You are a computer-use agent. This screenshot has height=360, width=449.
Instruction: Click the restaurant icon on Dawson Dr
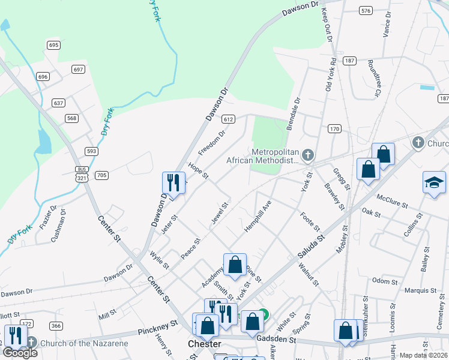(173, 182)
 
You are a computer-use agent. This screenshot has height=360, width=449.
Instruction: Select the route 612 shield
(228, 119)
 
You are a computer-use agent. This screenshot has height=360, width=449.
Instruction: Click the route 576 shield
(365, 11)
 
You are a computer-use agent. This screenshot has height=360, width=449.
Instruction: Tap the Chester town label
(204, 344)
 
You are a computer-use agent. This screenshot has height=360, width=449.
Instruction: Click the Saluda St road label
(311, 247)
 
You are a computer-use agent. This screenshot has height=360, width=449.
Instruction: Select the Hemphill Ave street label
(258, 217)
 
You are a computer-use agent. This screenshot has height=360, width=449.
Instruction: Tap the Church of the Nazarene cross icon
(31, 343)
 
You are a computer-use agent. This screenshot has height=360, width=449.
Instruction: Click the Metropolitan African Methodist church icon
(307, 156)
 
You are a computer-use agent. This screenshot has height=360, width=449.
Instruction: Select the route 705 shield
(101, 175)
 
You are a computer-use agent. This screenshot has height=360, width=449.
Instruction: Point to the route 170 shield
(334, 129)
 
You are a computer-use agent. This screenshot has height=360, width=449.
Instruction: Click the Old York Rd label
(330, 74)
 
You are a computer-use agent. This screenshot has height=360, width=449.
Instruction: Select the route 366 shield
(56, 326)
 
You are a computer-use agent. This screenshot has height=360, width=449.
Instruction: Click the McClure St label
(392, 200)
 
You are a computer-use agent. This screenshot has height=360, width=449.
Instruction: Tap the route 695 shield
(54, 45)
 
